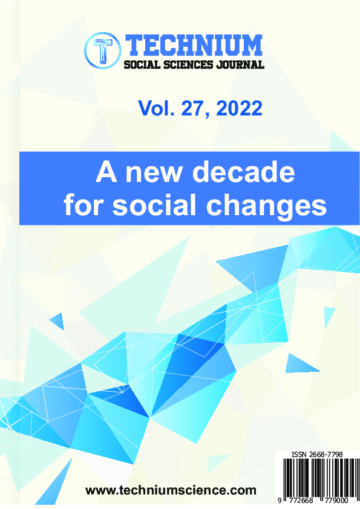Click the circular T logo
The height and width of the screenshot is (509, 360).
tap(103, 51)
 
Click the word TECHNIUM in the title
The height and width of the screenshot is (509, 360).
tap(194, 45)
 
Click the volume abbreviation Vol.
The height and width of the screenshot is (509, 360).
tap(155, 108)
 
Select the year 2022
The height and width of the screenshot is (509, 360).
tap(239, 108)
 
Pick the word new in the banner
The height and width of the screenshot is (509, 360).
tap(153, 174)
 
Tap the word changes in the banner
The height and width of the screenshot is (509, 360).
tap(266, 207)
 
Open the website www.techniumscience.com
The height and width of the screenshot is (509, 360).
tap(171, 490)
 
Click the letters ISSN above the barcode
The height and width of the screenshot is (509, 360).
tap(299, 455)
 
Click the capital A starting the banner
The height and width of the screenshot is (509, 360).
tap(106, 172)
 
